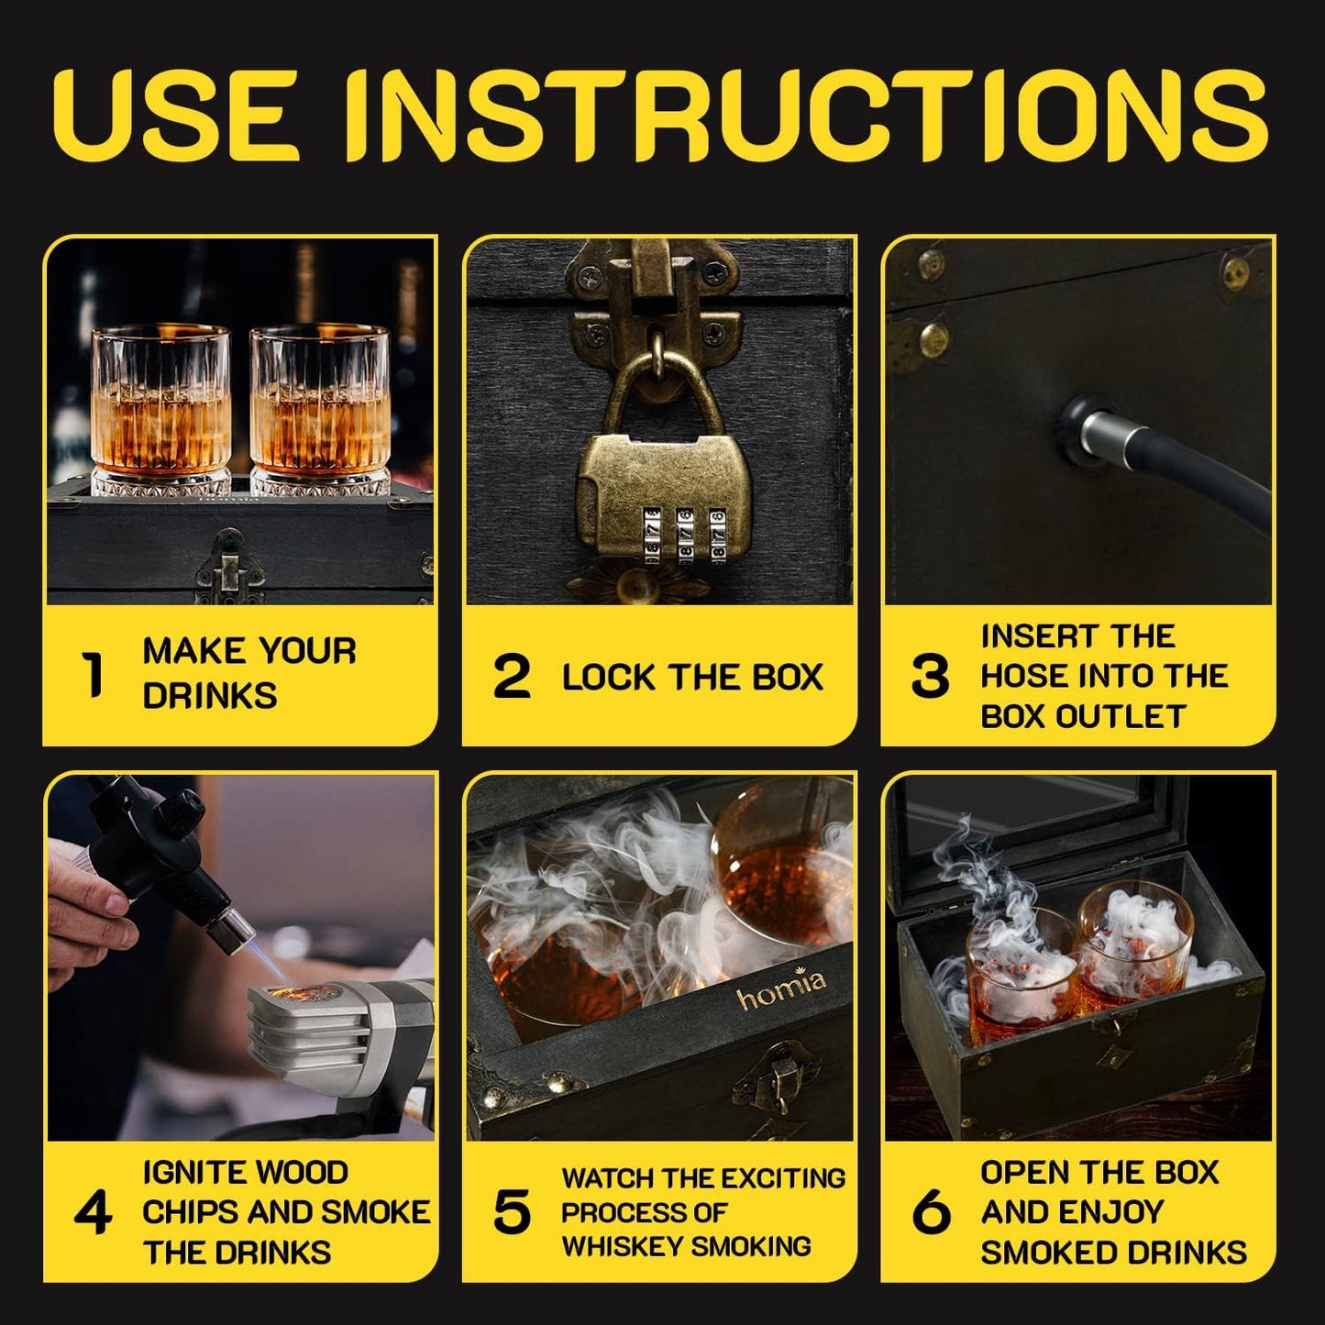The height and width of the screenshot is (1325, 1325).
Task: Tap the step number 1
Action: click(93, 675)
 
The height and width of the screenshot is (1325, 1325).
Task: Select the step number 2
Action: click(512, 677)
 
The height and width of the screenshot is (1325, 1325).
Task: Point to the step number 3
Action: click(930, 677)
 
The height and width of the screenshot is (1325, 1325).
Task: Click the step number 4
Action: click(93, 1212)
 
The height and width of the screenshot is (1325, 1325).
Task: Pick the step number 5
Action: click(512, 1212)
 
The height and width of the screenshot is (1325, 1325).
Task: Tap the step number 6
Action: click(931, 1212)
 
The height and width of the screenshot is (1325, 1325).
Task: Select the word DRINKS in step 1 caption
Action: click(210, 696)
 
